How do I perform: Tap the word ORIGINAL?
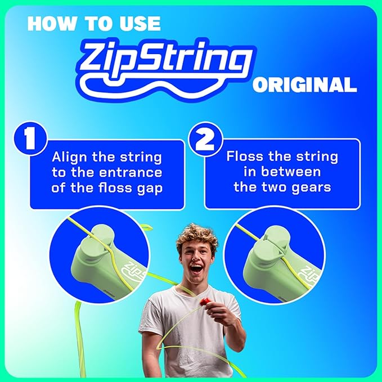point(304,86)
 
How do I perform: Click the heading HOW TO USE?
point(93,23)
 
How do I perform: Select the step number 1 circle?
point(30,138)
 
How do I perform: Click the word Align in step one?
point(69,157)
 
